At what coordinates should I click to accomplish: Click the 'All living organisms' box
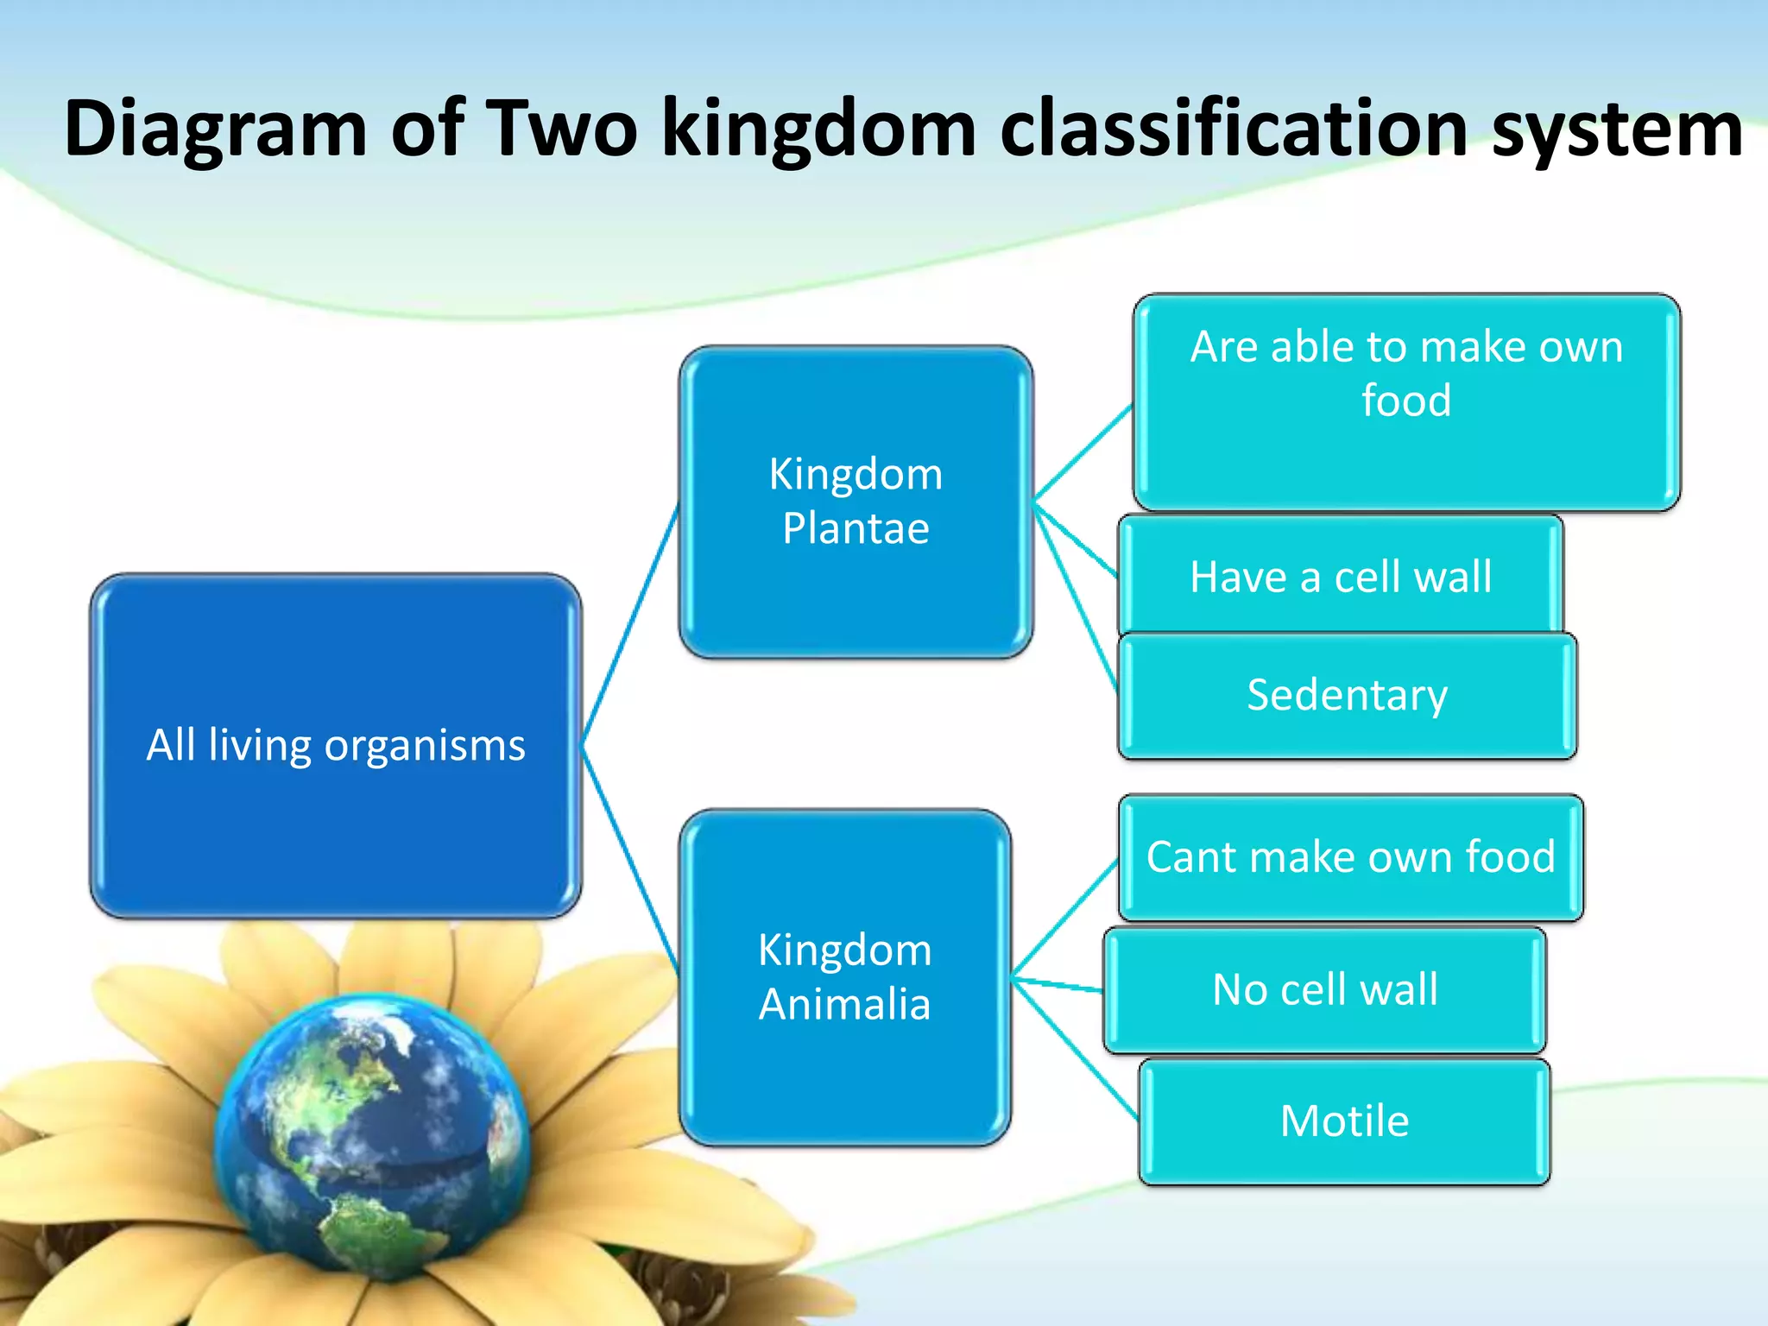tap(335, 746)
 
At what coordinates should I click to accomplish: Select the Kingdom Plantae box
tap(856, 502)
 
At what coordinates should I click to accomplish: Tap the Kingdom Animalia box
tap(844, 977)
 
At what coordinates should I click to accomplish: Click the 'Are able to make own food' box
tap(1406, 402)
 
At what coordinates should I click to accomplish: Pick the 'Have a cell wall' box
tap(1340, 576)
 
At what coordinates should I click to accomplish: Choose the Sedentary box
tap(1347, 696)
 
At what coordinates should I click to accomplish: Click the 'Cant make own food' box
tap(1350, 857)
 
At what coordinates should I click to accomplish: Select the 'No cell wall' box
tap(1324, 990)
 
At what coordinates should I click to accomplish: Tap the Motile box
tap(1344, 1121)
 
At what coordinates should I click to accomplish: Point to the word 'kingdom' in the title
tap(818, 129)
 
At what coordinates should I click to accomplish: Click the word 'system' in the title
tap(1616, 129)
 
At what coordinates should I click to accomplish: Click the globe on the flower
tap(371, 1140)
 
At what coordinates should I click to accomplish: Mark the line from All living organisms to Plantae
tap(631, 623)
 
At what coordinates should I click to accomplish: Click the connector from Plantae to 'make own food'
tap(1083, 452)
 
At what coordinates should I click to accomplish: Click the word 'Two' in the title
tap(565, 129)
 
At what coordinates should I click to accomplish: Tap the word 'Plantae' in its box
tap(856, 528)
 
